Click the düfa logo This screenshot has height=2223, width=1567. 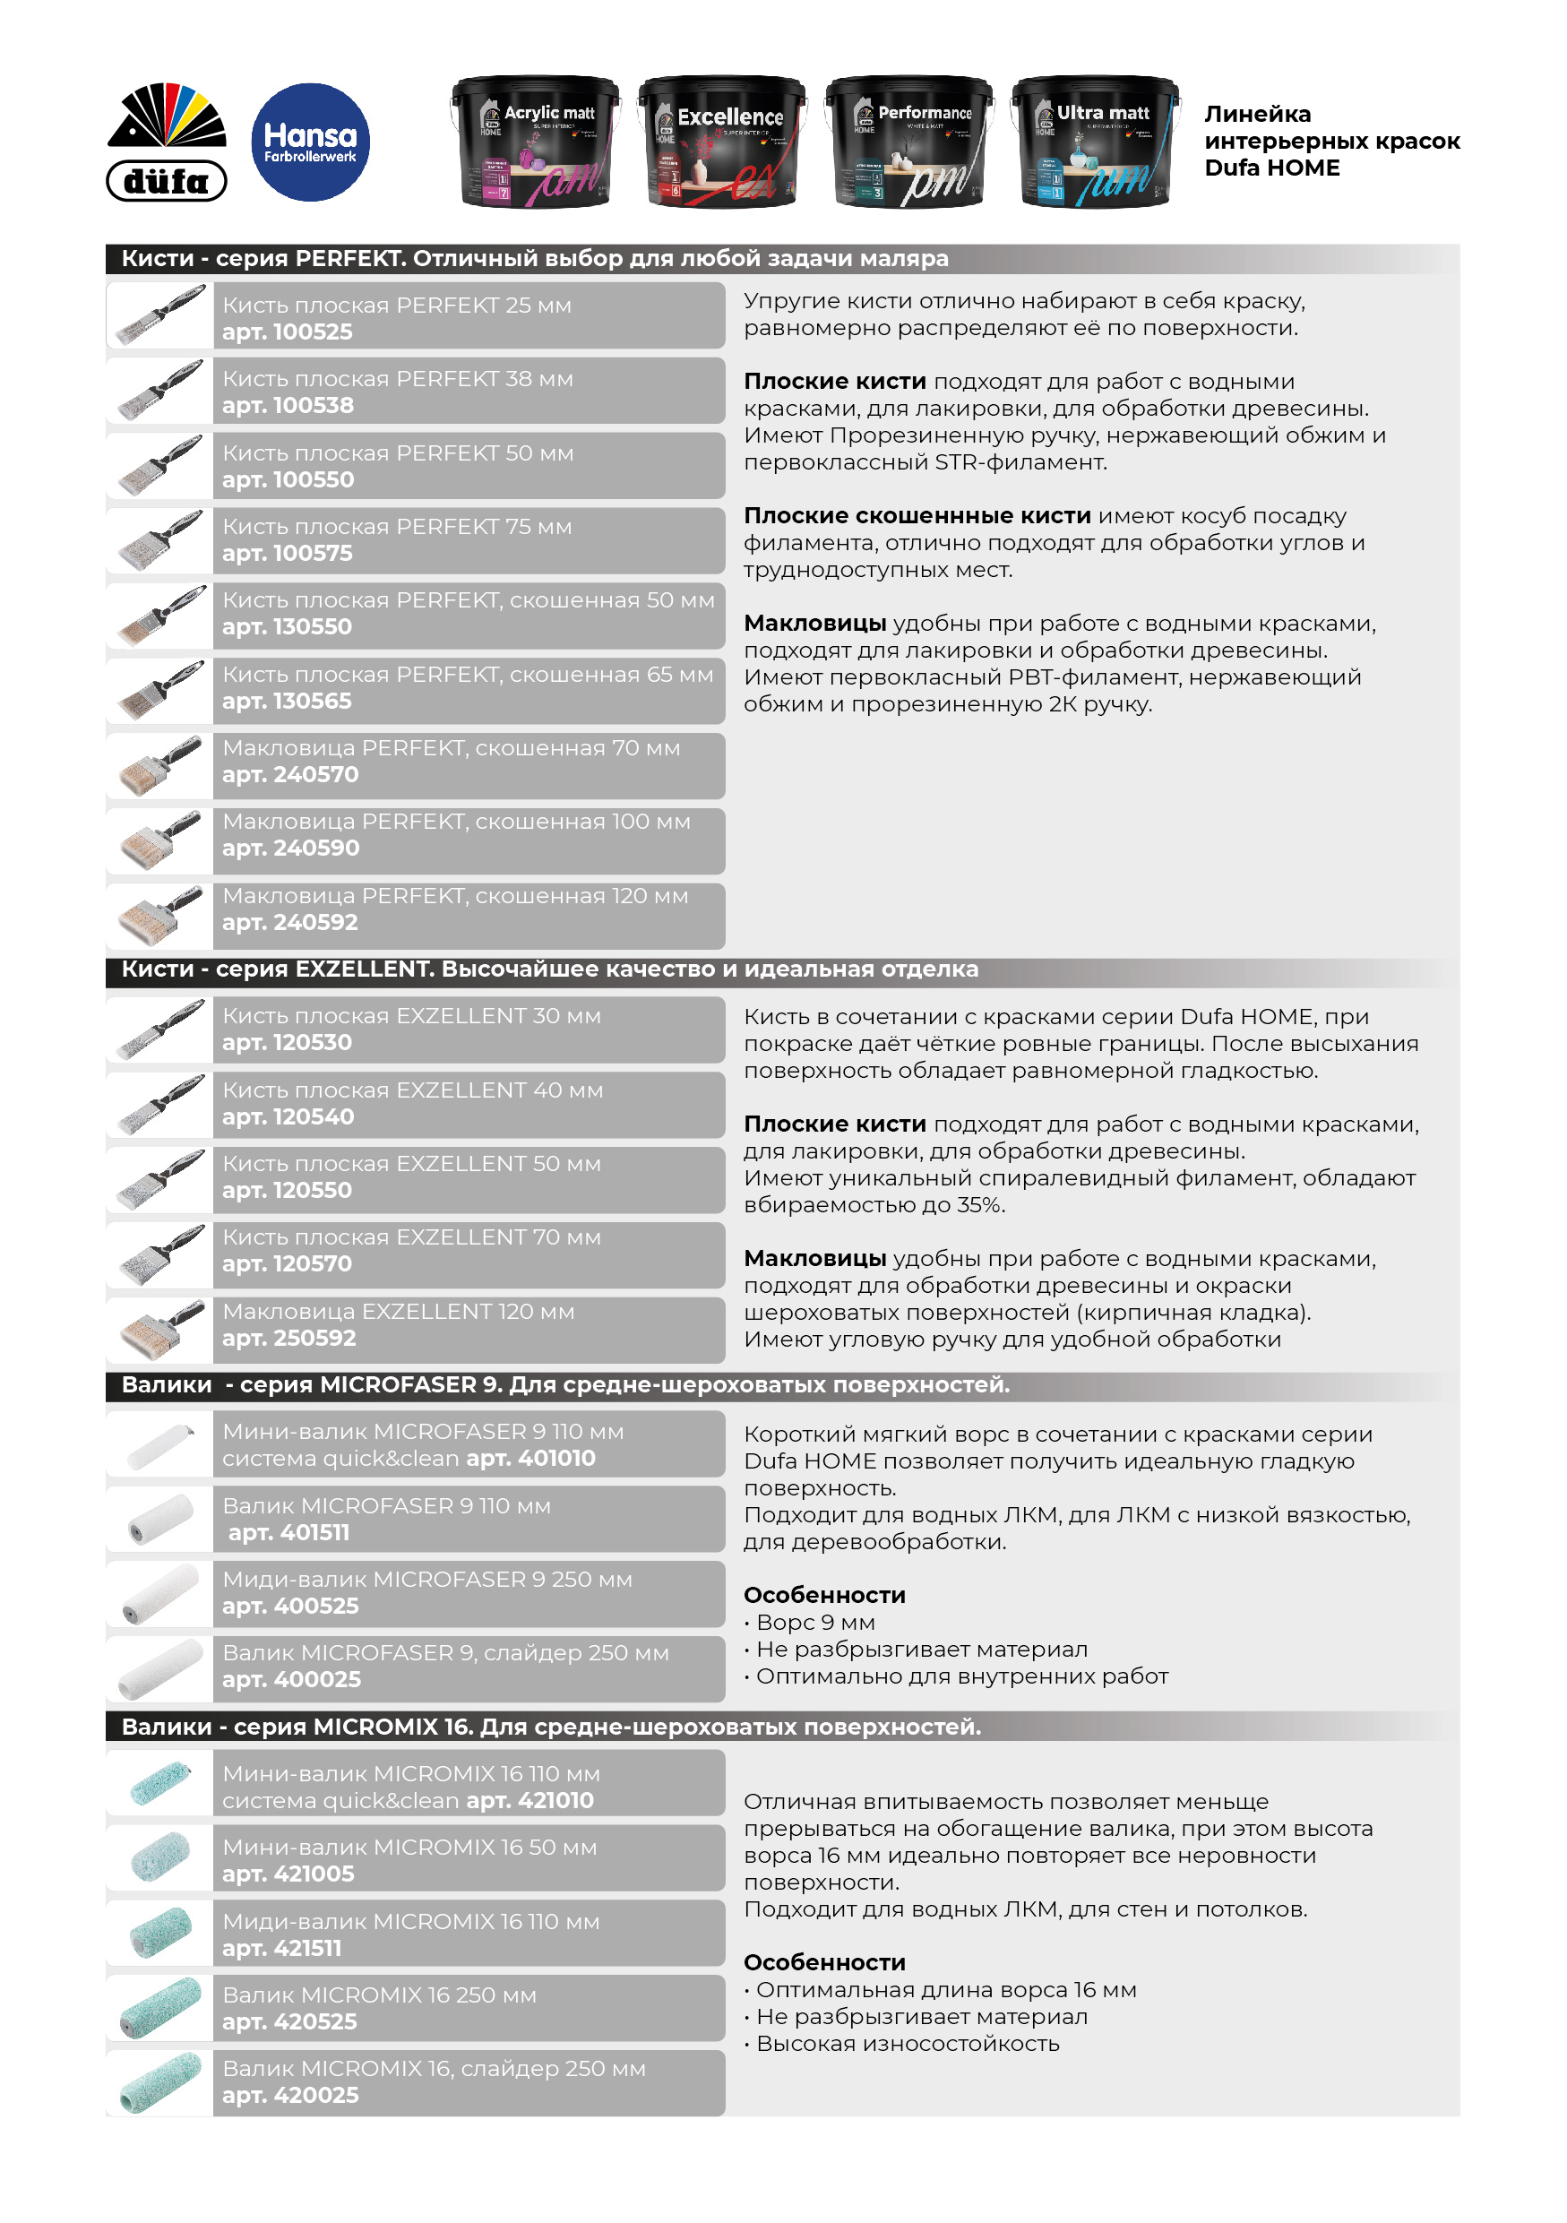click(x=167, y=142)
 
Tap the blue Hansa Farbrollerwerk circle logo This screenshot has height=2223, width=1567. click(x=310, y=142)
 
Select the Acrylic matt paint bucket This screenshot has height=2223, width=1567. click(x=535, y=142)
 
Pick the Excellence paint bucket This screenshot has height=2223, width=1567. click(x=722, y=142)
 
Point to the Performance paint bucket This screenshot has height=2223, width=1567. click(x=908, y=142)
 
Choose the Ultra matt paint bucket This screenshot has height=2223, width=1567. click(x=1095, y=142)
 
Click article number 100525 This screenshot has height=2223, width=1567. click(x=288, y=332)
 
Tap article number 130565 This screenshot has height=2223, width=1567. click(x=288, y=701)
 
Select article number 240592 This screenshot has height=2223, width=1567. click(x=289, y=923)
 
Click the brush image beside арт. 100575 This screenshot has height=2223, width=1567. click(x=160, y=540)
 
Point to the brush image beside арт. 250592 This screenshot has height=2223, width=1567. click(x=160, y=1330)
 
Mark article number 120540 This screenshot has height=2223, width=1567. click(x=288, y=1116)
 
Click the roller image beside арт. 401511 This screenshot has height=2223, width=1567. click(x=160, y=1518)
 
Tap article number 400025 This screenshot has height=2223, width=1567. click(x=290, y=1680)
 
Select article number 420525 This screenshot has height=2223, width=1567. click(x=289, y=2021)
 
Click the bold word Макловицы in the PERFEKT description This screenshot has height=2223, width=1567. click(x=815, y=623)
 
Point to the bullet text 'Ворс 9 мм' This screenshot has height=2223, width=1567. click(x=815, y=1622)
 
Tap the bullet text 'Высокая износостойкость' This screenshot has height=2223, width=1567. click(x=907, y=2043)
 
